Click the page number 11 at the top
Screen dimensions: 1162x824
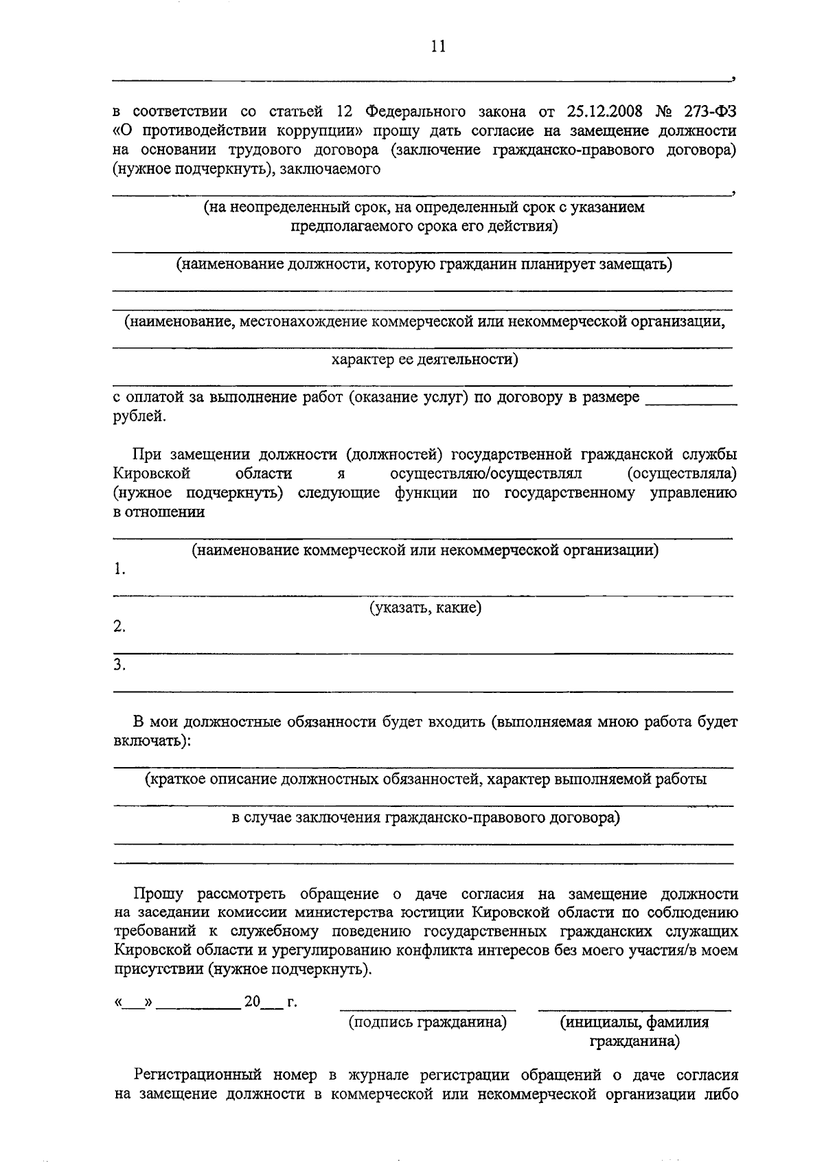pos(438,46)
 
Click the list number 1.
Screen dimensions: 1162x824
pos(119,569)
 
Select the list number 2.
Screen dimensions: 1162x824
pos(119,626)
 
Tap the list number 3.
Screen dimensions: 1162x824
pos(119,664)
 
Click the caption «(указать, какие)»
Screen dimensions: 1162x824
pos(426,608)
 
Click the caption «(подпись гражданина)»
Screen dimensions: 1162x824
pos(428,1023)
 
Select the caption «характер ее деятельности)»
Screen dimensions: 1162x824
pos(424,359)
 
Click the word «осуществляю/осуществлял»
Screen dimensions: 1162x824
pos(485,474)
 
